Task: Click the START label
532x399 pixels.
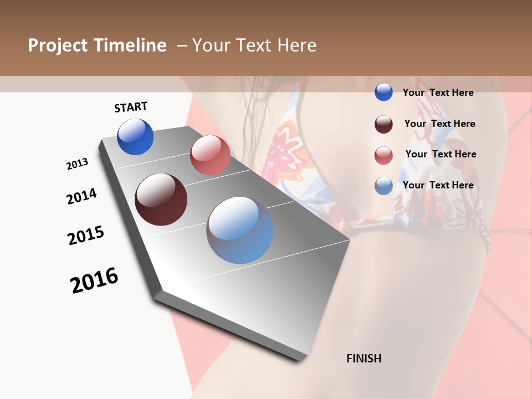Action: [131, 107]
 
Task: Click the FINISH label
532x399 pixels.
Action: [364, 359]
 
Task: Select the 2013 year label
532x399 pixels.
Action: [77, 164]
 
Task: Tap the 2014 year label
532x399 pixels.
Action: [81, 196]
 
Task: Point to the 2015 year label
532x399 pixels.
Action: [86, 236]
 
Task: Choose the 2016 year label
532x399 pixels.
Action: [94, 280]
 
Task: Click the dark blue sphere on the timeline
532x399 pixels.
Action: [135, 137]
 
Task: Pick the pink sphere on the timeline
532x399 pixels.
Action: [210, 155]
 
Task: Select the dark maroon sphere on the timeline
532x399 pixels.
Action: [161, 199]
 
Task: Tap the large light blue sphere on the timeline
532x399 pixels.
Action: [240, 229]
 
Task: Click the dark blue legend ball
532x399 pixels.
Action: [383, 92]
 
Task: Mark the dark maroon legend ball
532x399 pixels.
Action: [383, 124]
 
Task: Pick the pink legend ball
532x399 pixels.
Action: [383, 155]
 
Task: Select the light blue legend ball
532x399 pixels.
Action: [383, 186]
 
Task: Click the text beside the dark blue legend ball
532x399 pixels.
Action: [438, 93]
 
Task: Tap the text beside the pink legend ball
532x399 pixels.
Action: [441, 154]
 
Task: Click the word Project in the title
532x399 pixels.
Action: [57, 45]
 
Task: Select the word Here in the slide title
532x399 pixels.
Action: [296, 45]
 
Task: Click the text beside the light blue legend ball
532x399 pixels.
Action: [438, 185]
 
